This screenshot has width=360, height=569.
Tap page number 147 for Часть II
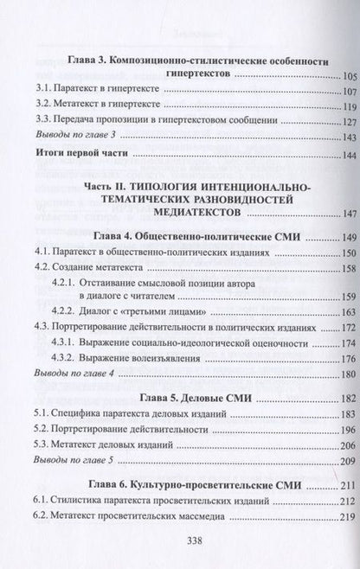pyautogui.click(x=330, y=214)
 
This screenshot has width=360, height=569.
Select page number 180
pyautogui.click(x=330, y=374)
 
